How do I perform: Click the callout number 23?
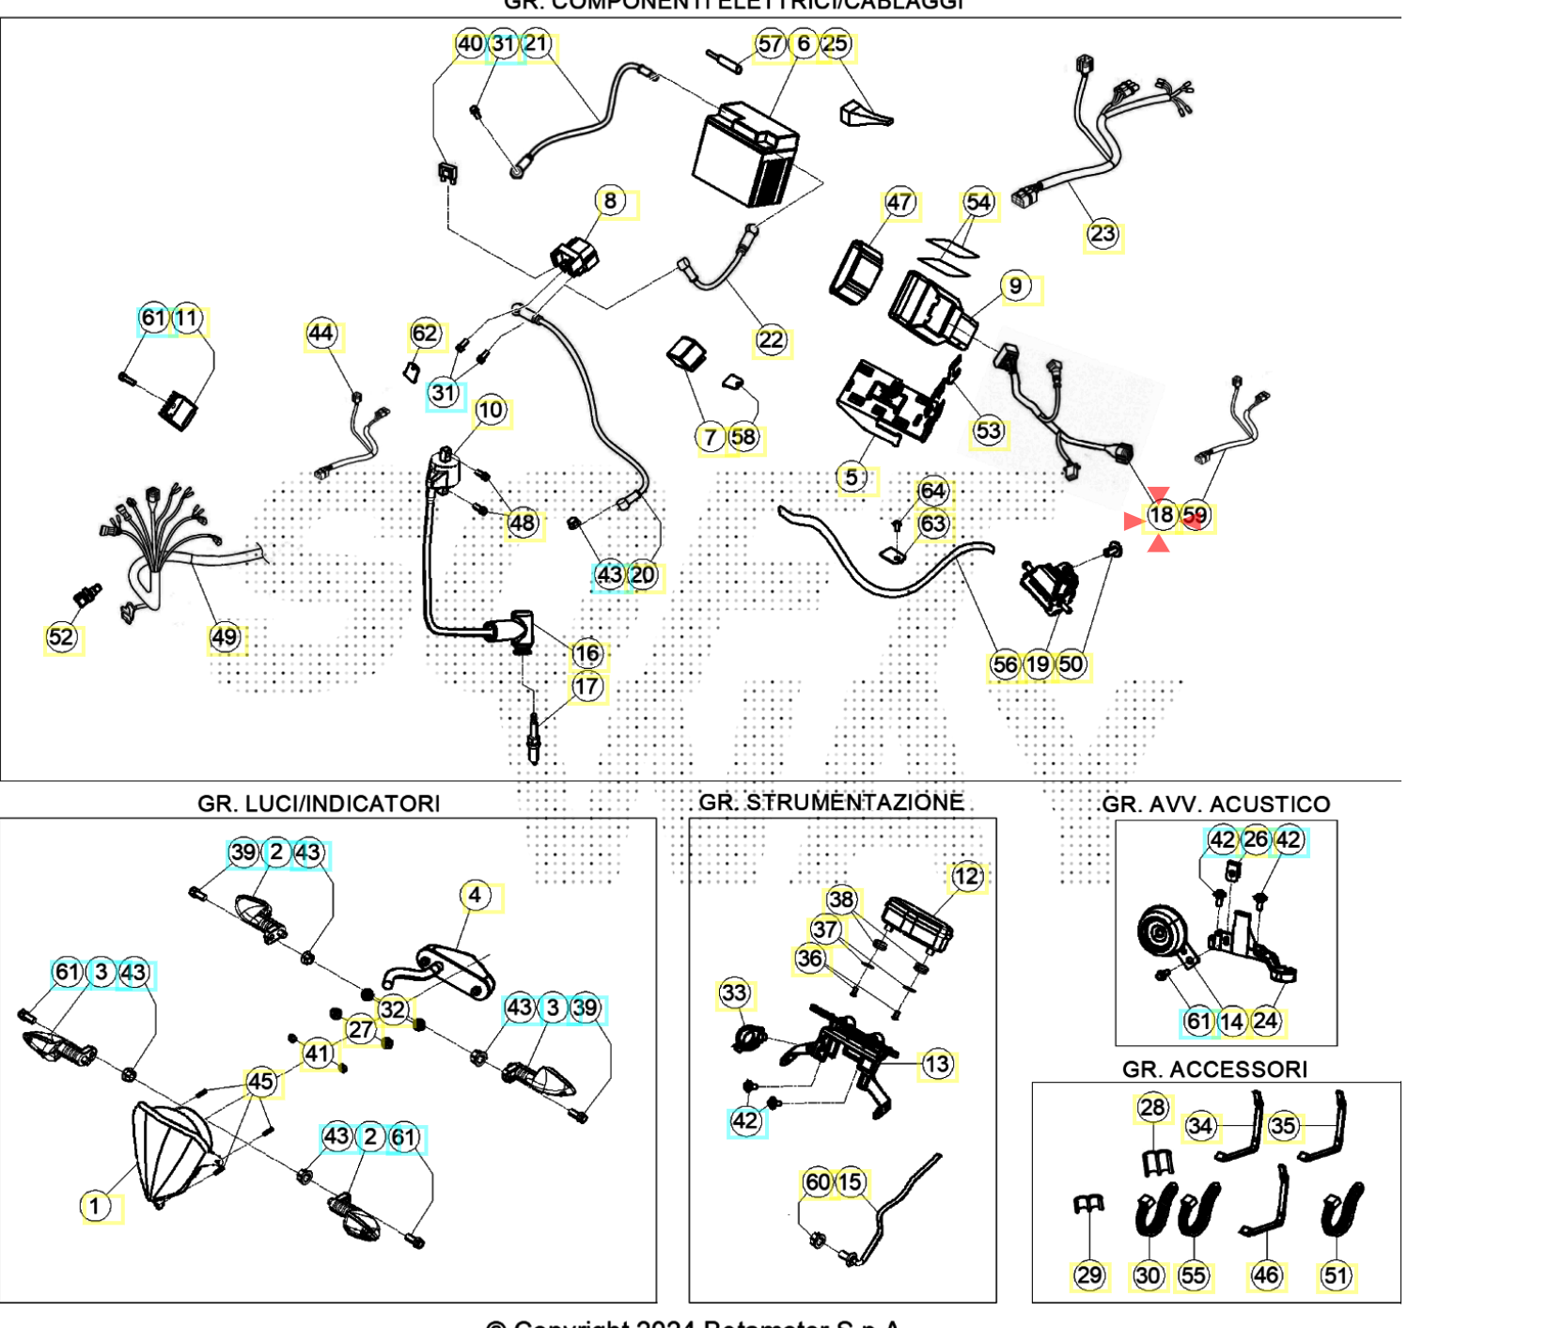[x=1102, y=234]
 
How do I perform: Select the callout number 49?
[x=224, y=638]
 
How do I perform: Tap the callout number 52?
[x=61, y=638]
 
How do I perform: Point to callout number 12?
[x=966, y=877]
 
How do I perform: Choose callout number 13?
[x=937, y=1065]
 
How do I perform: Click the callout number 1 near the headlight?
[x=94, y=1206]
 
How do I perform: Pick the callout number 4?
[x=475, y=896]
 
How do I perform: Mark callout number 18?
[x=1162, y=515]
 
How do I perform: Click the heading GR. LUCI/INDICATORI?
[x=319, y=805]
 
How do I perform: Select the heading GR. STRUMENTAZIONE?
[x=831, y=803]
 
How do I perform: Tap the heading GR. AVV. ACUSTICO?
[x=1215, y=805]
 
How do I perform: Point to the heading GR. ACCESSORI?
[x=1214, y=1070]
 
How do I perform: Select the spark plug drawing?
[x=534, y=738]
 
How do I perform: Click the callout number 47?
[x=899, y=202]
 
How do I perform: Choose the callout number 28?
[x=1152, y=1108]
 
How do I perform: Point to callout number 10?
[x=491, y=411]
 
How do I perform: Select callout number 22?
[x=771, y=340]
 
